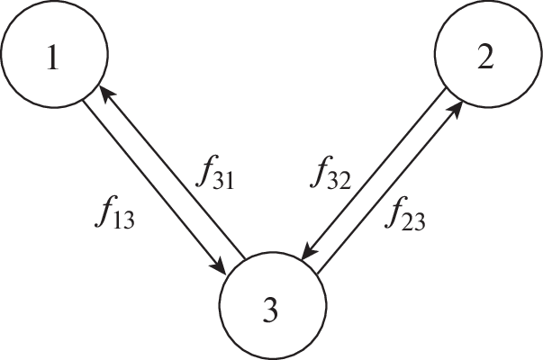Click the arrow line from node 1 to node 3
[x=153, y=185]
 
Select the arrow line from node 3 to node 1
[x=171, y=171]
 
